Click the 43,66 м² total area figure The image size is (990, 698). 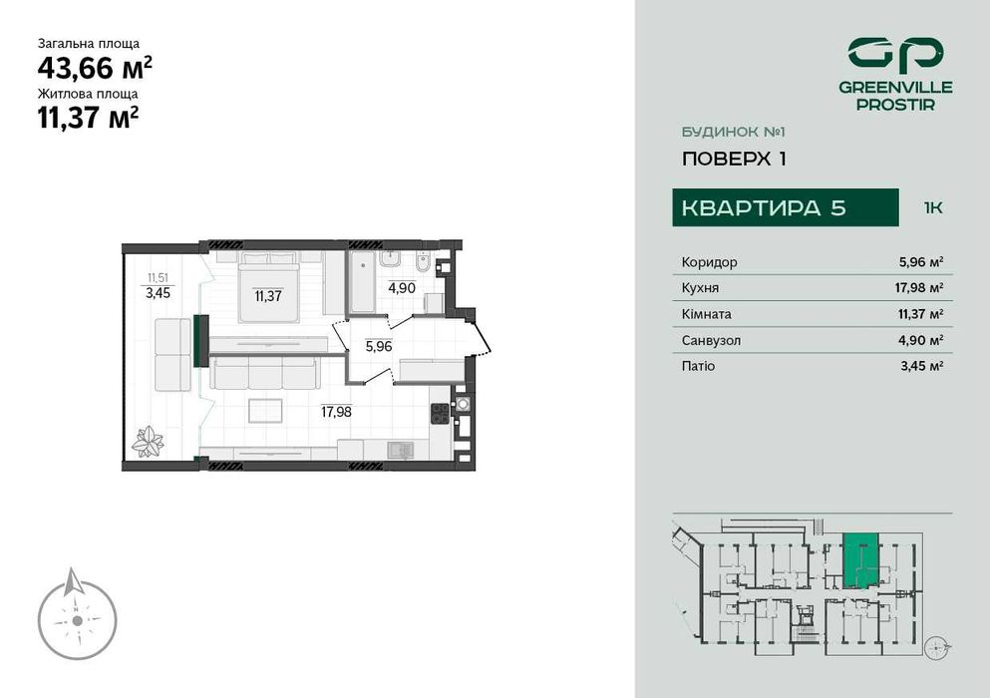95,68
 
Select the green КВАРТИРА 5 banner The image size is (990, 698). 785,207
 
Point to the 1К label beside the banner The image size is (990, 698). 933,208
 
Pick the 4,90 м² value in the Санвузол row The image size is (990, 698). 921,340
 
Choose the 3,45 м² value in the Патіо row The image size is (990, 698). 921,366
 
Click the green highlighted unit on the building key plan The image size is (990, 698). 860,560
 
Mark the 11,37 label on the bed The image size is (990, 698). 267,295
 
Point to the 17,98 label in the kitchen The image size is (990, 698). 336,410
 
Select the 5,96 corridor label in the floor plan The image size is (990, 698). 379,347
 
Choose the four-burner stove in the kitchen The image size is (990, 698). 440,414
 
